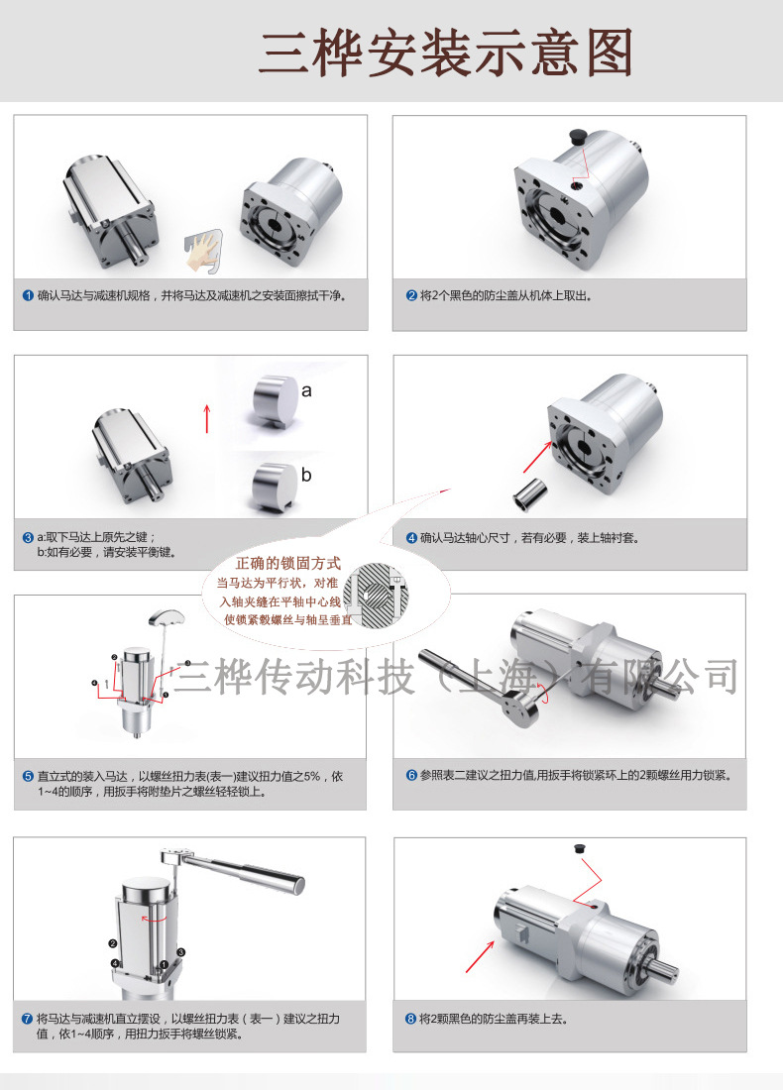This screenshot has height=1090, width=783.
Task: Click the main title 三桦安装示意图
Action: tap(446, 53)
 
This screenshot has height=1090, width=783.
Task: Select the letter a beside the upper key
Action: tap(306, 390)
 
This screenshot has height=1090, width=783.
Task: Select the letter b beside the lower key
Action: tap(306, 475)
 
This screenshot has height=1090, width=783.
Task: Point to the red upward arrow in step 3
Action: tap(206, 418)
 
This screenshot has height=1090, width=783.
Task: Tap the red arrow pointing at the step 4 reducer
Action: tap(537, 456)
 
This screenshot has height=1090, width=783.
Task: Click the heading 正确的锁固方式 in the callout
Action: tap(287, 563)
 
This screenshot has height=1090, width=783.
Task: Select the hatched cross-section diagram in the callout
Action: tap(377, 596)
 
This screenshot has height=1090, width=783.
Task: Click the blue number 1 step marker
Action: tap(28, 295)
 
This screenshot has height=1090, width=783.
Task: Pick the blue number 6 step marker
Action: tap(411, 775)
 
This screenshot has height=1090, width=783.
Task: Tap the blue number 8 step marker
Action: tap(411, 1019)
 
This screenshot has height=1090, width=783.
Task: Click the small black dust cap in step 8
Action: tap(579, 848)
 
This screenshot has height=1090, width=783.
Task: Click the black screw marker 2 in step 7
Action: tap(113, 943)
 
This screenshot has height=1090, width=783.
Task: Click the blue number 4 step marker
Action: tap(411, 538)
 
